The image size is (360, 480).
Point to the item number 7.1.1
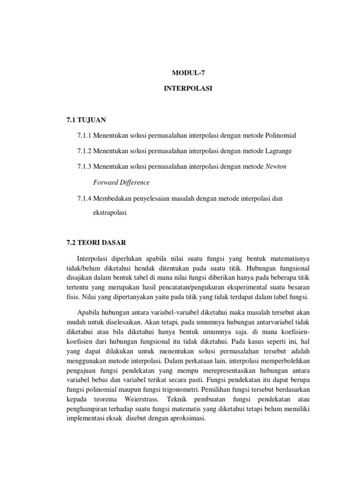click(x=84, y=135)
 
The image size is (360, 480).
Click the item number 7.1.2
click(x=84, y=150)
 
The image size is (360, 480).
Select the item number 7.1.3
click(x=84, y=166)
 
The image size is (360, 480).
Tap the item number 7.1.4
click(x=84, y=199)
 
